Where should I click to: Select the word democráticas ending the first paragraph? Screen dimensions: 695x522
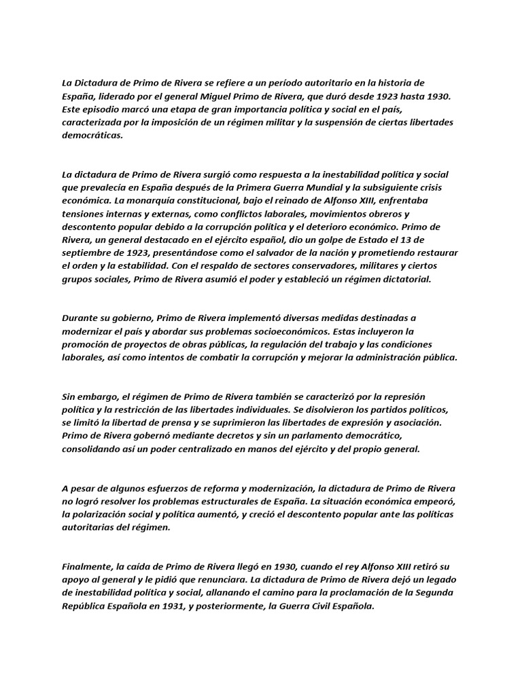93,135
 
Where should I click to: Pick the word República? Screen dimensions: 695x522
84,605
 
